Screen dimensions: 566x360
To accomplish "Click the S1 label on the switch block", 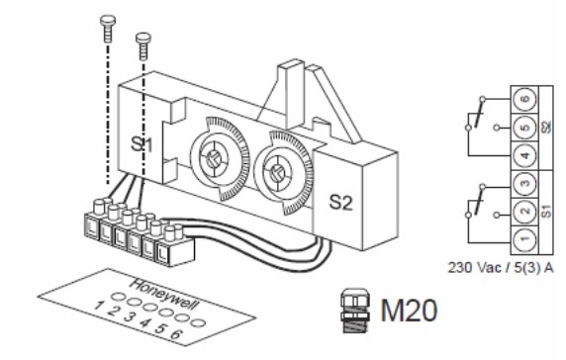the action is coord(141,145).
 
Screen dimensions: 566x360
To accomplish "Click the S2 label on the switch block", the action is coord(340,203).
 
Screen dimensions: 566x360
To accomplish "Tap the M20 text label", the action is coord(409,311).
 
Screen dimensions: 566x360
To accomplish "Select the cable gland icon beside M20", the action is coord(355,311).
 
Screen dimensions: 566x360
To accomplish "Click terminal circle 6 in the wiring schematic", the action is coord(525,99).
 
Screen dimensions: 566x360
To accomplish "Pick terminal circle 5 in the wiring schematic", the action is coord(525,128).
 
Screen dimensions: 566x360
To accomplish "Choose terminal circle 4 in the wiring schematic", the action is coord(525,155).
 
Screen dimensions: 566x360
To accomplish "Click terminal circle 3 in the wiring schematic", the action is coord(525,184).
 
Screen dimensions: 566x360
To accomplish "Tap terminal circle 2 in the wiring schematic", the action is coord(525,211).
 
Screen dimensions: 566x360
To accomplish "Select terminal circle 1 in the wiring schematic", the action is coord(525,238).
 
